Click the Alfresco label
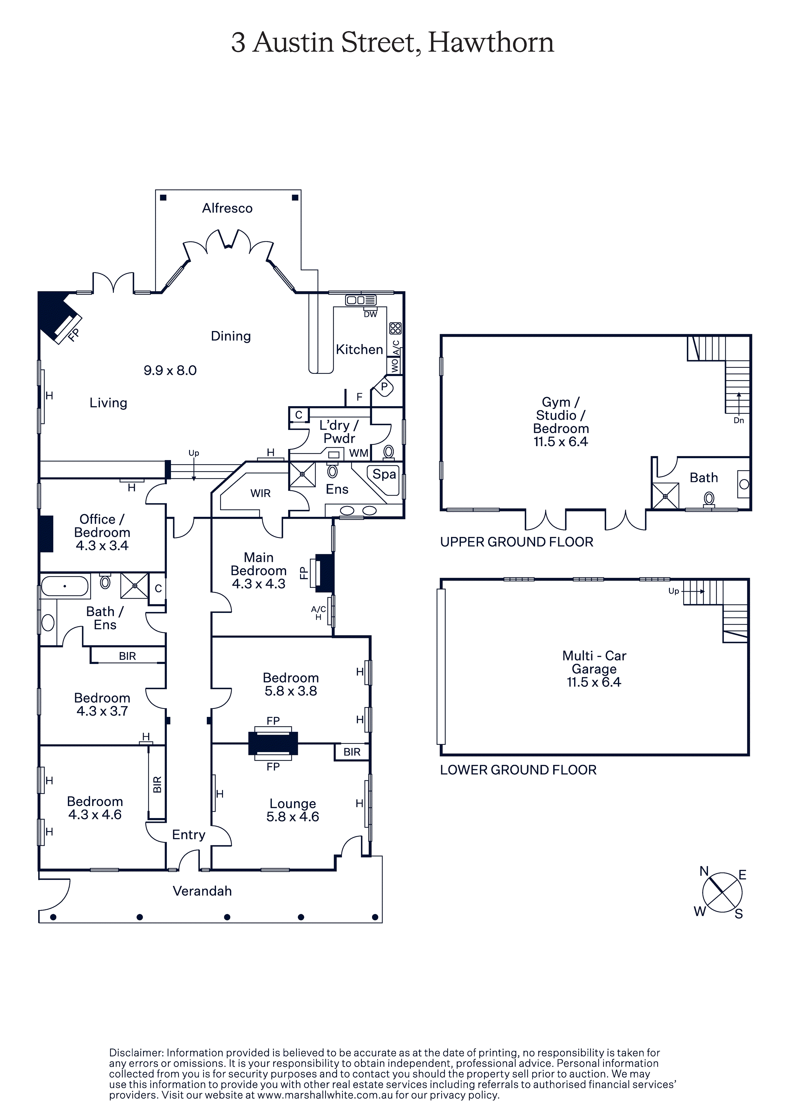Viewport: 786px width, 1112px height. tap(227, 208)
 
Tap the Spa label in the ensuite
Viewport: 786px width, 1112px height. tap(384, 474)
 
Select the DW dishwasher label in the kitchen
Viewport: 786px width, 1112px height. tap(370, 314)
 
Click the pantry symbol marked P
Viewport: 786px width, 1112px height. tap(384, 387)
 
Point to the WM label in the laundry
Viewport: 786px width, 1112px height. tap(359, 453)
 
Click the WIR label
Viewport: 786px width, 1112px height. tap(260, 493)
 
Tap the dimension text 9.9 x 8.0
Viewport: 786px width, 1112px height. tap(170, 370)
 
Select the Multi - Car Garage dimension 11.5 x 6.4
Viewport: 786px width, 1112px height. tap(594, 682)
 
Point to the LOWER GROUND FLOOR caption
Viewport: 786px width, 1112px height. tap(518, 770)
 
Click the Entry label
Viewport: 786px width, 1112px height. tap(188, 835)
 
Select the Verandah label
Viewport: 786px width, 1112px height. tap(203, 891)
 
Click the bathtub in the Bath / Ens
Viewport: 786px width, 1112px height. tap(65, 586)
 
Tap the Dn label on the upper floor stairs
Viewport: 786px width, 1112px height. tap(738, 420)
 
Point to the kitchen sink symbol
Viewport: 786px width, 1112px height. tap(361, 300)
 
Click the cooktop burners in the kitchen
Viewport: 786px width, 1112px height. tap(396, 328)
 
